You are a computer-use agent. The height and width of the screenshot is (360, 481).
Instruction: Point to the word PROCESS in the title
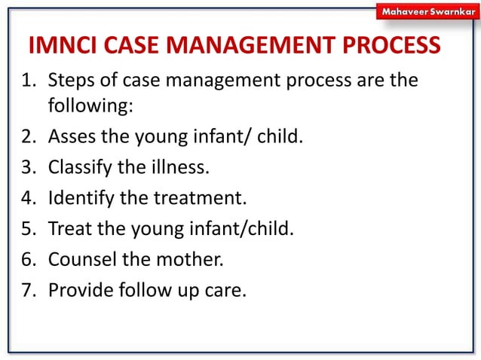pyautogui.click(x=392, y=46)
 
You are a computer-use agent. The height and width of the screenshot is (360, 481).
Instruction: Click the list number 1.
pyautogui.click(x=23, y=80)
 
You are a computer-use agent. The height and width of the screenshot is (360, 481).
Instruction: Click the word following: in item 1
pyautogui.click(x=90, y=106)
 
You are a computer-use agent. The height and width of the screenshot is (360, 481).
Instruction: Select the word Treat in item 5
pyautogui.click(x=68, y=229)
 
